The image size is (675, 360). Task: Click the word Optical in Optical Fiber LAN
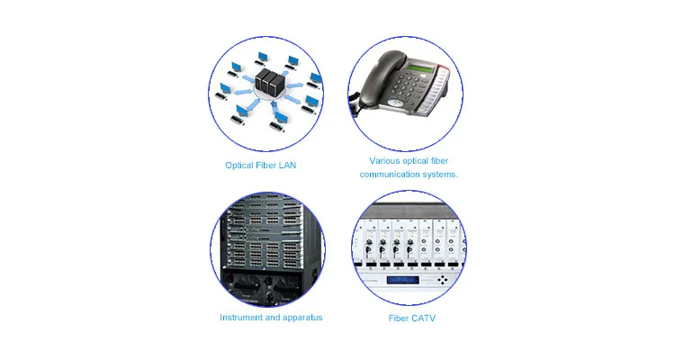240,166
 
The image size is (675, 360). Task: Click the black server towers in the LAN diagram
268,84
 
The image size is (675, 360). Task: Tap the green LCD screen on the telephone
423,69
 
